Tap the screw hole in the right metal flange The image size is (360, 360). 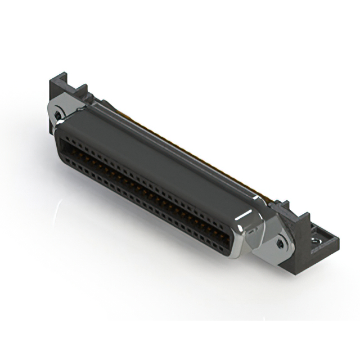point(280,243)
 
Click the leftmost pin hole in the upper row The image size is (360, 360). point(62,137)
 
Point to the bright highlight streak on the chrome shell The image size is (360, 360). point(239,226)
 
